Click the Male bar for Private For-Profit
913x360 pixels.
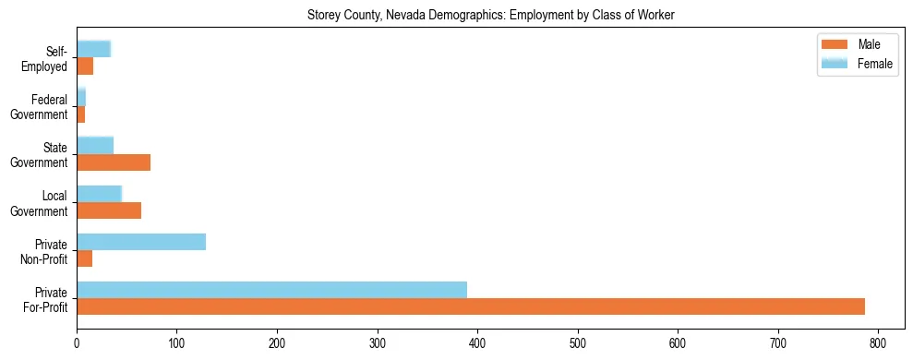(x=471, y=306)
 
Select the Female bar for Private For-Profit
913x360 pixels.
(x=271, y=290)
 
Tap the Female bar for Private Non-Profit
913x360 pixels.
(x=141, y=242)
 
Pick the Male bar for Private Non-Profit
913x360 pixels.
(x=85, y=258)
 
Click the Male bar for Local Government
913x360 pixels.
(x=109, y=210)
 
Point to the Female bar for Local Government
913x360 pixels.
(x=99, y=194)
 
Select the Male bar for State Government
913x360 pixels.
(x=114, y=162)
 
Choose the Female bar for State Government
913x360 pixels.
(x=95, y=146)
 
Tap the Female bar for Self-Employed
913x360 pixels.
(x=93, y=49)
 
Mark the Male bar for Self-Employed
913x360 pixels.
(x=85, y=66)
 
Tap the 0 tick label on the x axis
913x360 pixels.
(x=77, y=344)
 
